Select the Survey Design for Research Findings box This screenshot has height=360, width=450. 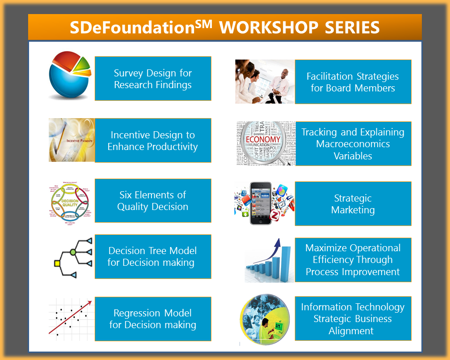click(x=153, y=79)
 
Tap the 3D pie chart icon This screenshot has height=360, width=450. click(x=69, y=75)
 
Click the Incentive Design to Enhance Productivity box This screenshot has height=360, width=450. click(x=153, y=141)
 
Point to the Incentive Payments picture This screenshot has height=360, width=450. click(x=72, y=140)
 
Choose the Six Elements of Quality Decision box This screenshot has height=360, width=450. click(x=153, y=201)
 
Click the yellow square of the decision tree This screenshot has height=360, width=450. click(x=57, y=263)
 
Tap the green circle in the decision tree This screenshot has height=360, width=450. click(x=73, y=252)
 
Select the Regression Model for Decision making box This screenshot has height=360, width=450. click(x=153, y=319)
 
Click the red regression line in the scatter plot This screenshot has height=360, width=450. click(x=70, y=319)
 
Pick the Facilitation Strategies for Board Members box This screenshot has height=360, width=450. click(x=352, y=82)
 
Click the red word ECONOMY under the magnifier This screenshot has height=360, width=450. click(x=263, y=140)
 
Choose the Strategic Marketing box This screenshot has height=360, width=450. click(x=352, y=204)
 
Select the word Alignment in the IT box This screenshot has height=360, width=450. click(x=351, y=331)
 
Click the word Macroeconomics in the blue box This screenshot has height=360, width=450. click(x=352, y=144)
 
